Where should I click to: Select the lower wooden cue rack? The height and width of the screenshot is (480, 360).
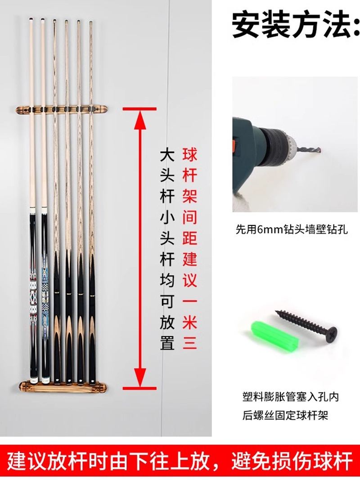[61, 386]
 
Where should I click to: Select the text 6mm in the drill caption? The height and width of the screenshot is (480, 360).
[269, 230]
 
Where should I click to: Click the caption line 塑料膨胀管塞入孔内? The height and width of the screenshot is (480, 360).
[290, 397]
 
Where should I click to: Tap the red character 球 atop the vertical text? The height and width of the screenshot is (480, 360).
[189, 156]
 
